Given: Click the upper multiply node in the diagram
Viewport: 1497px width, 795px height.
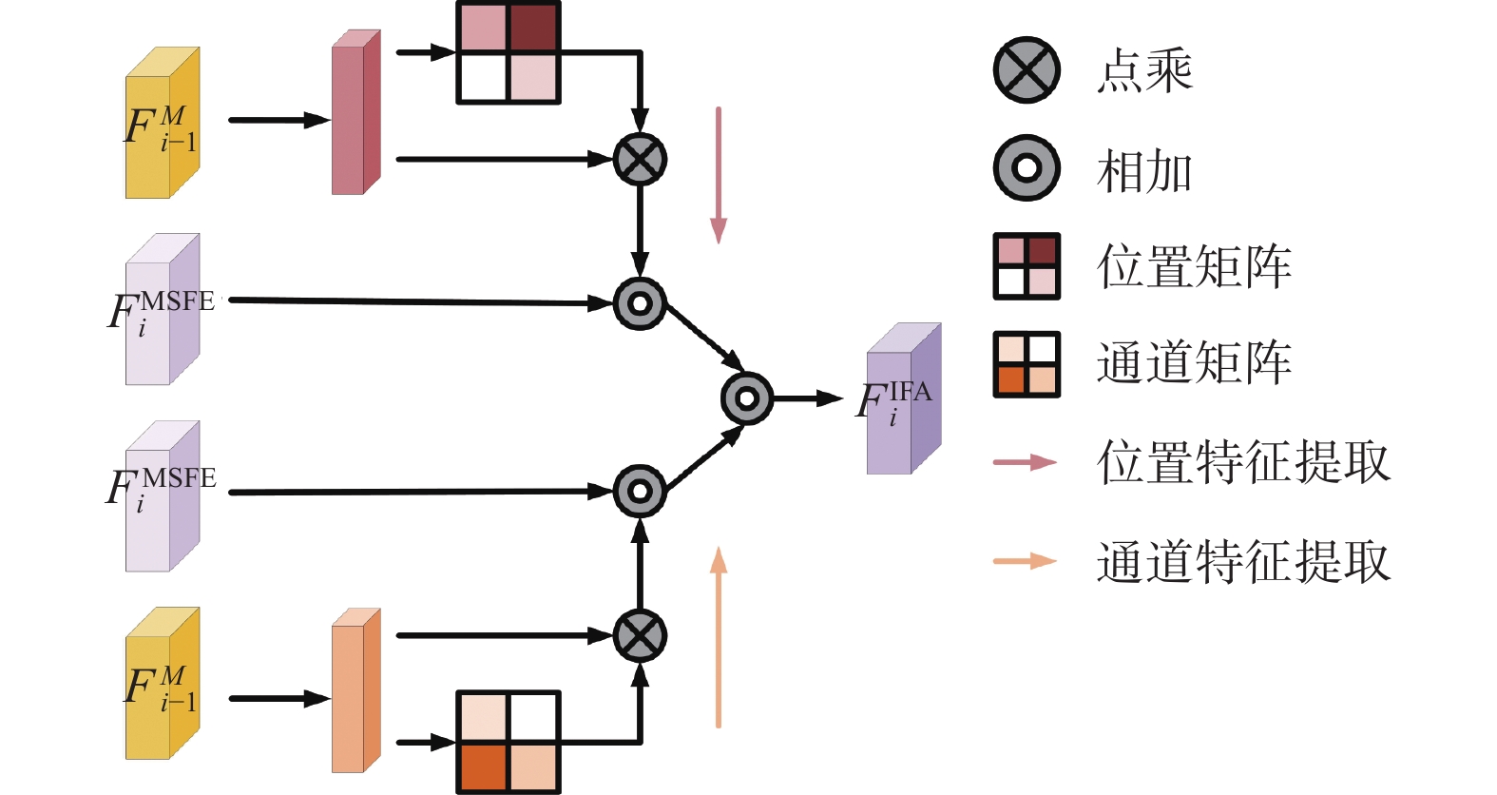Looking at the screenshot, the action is (x=640, y=159).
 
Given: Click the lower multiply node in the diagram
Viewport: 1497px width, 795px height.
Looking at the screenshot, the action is (x=640, y=635).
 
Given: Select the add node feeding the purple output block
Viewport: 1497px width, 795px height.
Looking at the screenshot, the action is (x=747, y=398).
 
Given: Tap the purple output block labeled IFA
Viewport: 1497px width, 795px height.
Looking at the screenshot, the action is (x=904, y=399).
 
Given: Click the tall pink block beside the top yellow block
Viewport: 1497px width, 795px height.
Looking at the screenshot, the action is (x=356, y=112).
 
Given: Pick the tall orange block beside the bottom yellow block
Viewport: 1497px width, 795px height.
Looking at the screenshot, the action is (x=356, y=690).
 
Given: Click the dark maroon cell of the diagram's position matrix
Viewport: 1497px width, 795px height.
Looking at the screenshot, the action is (x=533, y=27).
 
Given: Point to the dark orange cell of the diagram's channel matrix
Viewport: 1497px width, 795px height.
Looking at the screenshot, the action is (x=483, y=766).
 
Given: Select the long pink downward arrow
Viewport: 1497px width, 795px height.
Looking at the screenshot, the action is (x=719, y=175).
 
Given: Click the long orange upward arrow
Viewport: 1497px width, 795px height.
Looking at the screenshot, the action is (x=719, y=637).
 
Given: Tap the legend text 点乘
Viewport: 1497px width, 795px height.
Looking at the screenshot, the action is (x=1144, y=70).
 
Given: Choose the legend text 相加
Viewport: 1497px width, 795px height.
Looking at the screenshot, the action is (x=1144, y=170).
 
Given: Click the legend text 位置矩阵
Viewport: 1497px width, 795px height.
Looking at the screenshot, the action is (x=1194, y=266).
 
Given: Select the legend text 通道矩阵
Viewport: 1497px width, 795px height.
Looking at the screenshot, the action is (x=1194, y=362).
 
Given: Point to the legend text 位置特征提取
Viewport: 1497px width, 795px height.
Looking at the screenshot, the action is (x=1244, y=461).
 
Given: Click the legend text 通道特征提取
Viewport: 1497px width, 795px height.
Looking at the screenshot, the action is (x=1244, y=562).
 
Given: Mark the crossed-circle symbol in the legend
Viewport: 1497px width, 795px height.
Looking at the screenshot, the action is (x=1027, y=70).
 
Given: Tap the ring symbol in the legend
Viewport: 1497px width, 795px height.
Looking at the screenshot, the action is (x=1027, y=167).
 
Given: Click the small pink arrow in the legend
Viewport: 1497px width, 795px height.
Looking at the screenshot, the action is (x=1026, y=462).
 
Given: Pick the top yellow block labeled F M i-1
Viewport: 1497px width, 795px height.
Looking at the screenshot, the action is (x=163, y=123).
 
